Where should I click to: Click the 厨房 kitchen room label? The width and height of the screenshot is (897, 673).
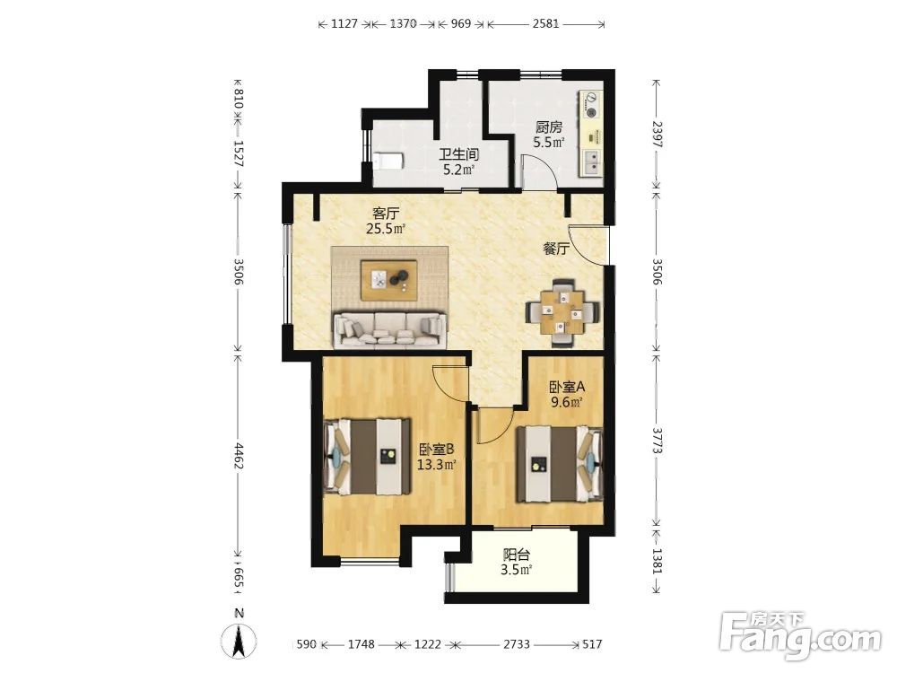pos(549,127)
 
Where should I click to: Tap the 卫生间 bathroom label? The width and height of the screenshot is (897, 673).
pos(458,154)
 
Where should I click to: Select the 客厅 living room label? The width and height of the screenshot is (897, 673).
pos(386,214)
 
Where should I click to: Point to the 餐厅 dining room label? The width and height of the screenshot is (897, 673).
pos(556,249)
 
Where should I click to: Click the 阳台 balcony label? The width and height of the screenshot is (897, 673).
pos(516,555)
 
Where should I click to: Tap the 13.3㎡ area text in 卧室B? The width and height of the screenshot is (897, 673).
pos(436,465)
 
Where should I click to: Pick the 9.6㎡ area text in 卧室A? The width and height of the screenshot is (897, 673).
pos(566,402)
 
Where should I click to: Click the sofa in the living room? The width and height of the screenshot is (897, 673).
pos(389,329)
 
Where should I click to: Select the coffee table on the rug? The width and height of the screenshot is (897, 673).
pos(388,280)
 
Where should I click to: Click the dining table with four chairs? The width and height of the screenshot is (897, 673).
pos(563,312)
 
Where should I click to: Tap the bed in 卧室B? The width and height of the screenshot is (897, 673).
pos(367,457)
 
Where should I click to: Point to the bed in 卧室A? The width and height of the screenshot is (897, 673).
pos(560,464)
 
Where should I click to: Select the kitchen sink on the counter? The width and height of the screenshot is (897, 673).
pos(592,162)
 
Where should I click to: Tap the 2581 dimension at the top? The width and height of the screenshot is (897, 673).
pos(545,24)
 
